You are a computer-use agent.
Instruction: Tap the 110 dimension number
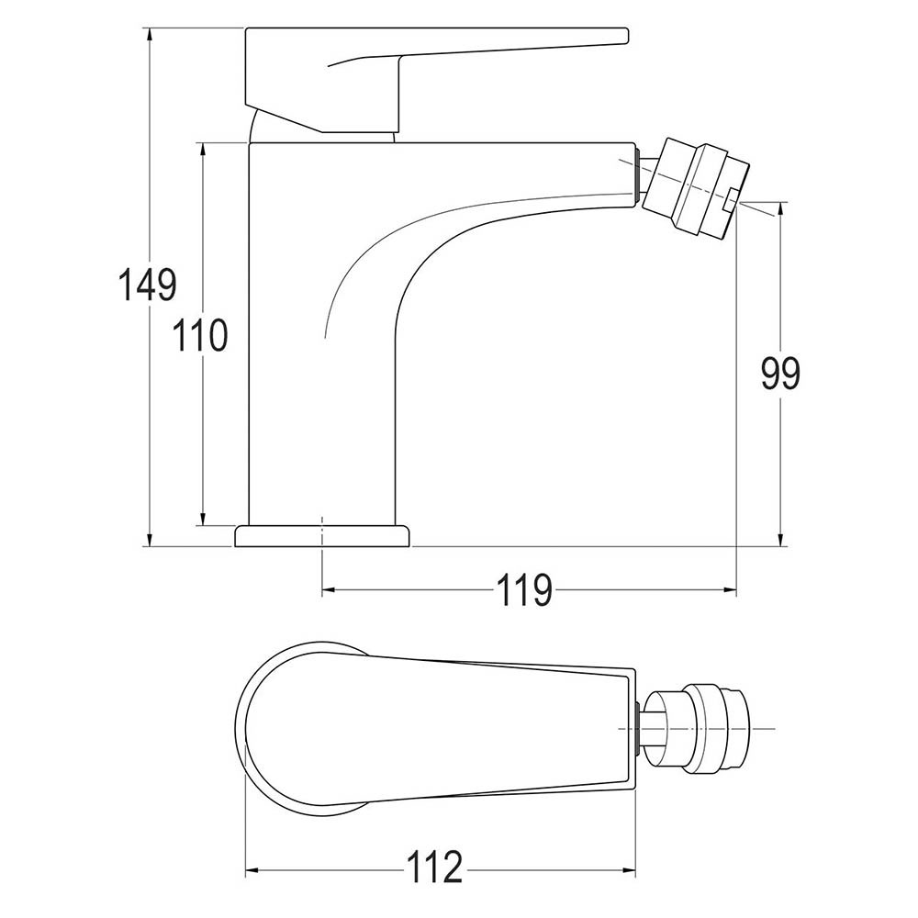coord(201,336)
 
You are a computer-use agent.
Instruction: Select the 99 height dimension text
coord(780,373)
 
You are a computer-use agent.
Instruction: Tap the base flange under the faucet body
coord(321,535)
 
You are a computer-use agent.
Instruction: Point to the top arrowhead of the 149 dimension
coord(150,34)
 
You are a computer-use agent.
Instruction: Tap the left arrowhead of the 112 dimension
coord(251,867)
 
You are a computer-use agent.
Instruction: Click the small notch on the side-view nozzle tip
coord(731,199)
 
